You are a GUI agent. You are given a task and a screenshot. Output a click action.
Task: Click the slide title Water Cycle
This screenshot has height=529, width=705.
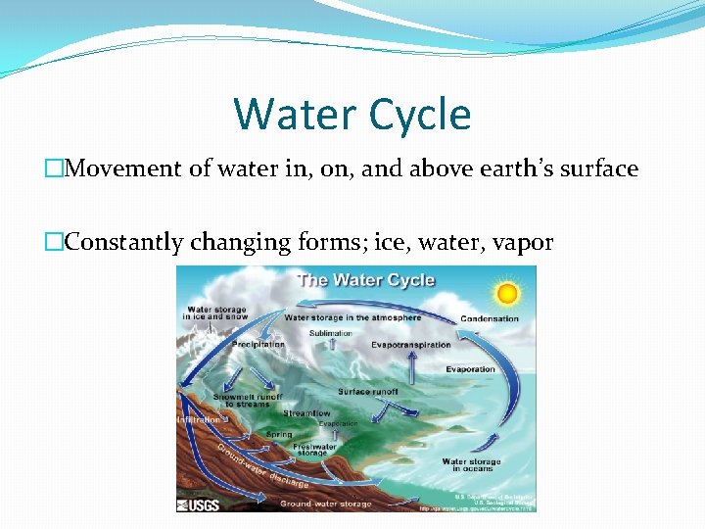point(352,114)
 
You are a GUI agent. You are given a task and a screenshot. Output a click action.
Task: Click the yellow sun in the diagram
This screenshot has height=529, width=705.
point(506,293)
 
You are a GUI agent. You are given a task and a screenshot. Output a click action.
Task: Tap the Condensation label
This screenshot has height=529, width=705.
point(490,318)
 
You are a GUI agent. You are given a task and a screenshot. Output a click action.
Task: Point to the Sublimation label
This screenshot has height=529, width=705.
point(331,333)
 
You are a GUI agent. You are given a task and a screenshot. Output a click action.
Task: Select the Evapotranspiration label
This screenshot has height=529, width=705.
point(411,345)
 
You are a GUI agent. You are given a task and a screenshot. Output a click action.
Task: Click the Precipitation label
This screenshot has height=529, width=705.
point(258,344)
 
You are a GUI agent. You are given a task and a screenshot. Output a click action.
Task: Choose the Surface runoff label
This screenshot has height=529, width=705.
point(368,391)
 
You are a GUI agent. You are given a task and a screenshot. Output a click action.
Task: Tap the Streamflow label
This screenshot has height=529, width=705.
point(306,413)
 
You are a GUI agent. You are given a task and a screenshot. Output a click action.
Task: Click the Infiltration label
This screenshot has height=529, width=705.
point(199,419)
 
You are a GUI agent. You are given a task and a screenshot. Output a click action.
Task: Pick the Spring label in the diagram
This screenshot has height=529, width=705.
point(279,434)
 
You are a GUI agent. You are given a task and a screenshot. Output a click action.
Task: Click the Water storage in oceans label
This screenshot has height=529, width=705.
point(471,465)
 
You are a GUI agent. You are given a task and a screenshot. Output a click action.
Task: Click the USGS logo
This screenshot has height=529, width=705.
point(198,505)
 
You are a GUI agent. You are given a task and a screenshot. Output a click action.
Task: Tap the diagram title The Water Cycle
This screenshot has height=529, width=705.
point(365,280)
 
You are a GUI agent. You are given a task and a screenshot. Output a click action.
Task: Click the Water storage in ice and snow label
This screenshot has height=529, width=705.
point(216,313)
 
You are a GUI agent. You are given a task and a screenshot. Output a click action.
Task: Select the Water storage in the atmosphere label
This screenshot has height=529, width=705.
point(352,317)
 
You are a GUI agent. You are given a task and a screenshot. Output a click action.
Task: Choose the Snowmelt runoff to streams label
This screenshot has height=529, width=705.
point(248,400)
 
